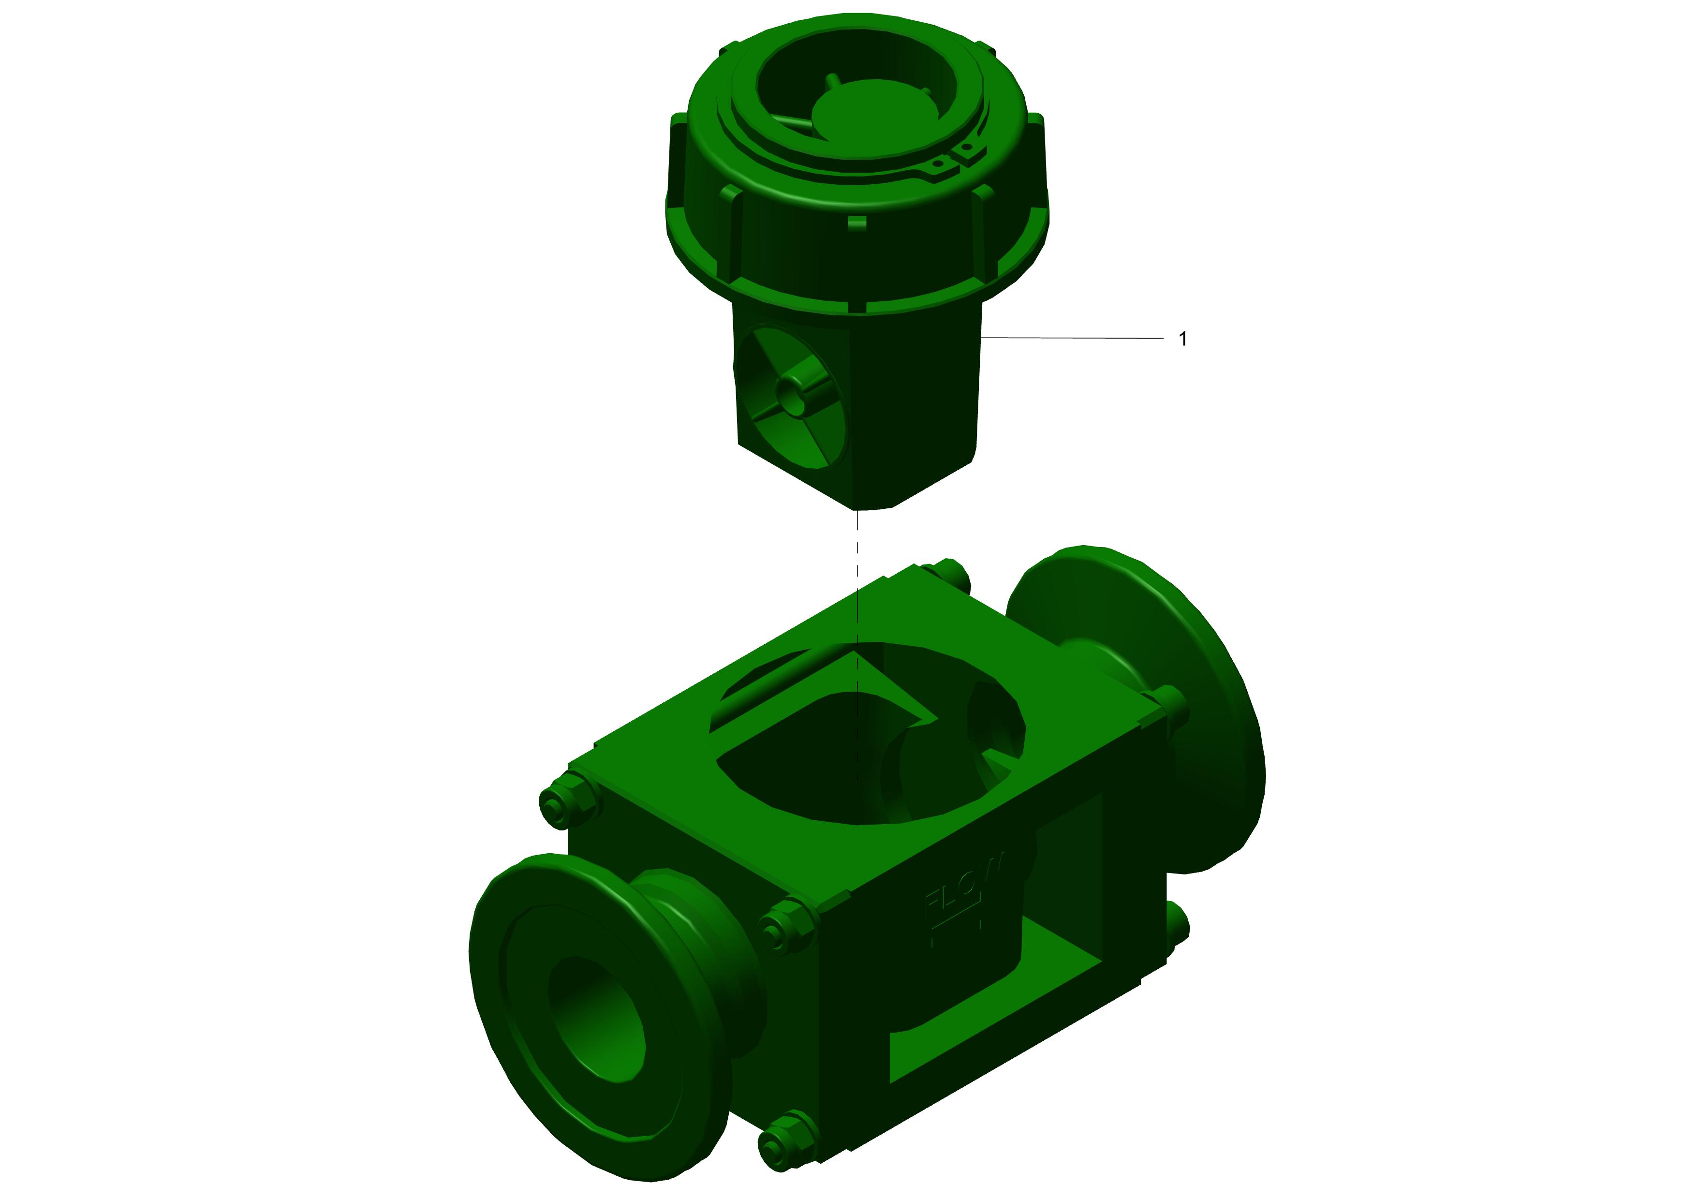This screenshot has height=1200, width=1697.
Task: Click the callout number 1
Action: [1182, 339]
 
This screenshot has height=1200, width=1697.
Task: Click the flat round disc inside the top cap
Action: [876, 111]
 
